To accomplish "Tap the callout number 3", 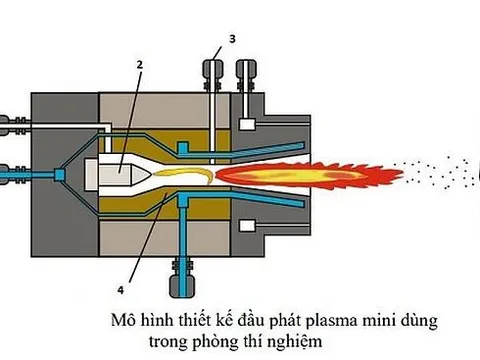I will click(232, 38).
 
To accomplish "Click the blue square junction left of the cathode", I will click(62, 175).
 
